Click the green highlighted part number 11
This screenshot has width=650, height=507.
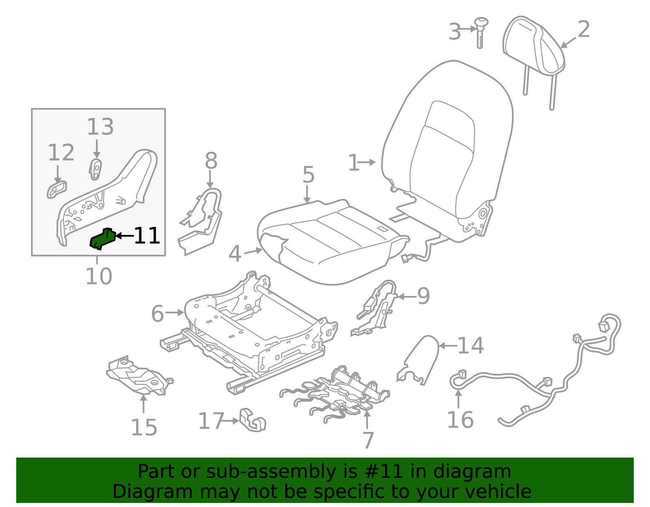102,239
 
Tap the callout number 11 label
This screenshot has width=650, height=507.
147,236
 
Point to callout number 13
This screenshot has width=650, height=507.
100,127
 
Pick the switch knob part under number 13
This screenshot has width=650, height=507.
95,169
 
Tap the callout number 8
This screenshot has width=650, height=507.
211,161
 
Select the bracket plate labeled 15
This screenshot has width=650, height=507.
138,375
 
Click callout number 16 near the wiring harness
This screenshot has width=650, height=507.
460,420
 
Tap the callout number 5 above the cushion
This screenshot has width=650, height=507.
308,175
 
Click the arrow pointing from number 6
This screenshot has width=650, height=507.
174,313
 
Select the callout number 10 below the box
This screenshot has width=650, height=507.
99,276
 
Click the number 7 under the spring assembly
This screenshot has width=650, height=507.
368,440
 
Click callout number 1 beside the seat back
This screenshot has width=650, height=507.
353,163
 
